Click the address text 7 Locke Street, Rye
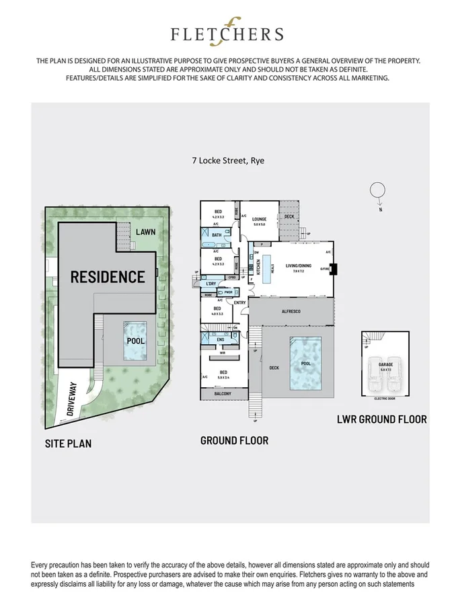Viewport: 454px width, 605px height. [x=226, y=160]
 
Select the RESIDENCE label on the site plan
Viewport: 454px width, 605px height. [x=108, y=276]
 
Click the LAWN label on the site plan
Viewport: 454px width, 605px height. [x=145, y=232]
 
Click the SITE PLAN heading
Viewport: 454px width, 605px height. [x=68, y=443]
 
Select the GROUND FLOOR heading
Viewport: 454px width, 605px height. [x=234, y=440]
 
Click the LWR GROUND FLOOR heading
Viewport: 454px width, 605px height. [x=381, y=419]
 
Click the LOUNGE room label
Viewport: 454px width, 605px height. [x=260, y=219]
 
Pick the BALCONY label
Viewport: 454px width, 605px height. [x=222, y=393]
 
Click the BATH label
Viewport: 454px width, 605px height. [x=216, y=235]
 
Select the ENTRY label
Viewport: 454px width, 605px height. [x=239, y=302]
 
